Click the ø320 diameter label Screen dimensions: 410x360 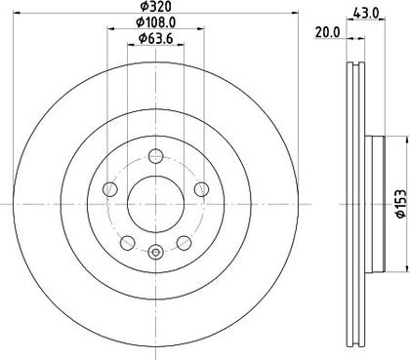[x=155, y=6]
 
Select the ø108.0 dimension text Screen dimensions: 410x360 [x=156, y=22]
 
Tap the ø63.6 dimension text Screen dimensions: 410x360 [x=155, y=39]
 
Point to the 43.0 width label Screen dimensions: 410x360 [x=366, y=13]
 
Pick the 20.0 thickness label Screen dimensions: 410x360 [x=327, y=32]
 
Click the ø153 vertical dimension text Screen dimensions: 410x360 [x=400, y=204]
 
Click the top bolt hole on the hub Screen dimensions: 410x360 [x=155, y=156]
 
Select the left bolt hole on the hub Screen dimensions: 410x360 [x=109, y=189]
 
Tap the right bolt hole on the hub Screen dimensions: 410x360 [x=201, y=189]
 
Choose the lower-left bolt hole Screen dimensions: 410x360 [x=127, y=243]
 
